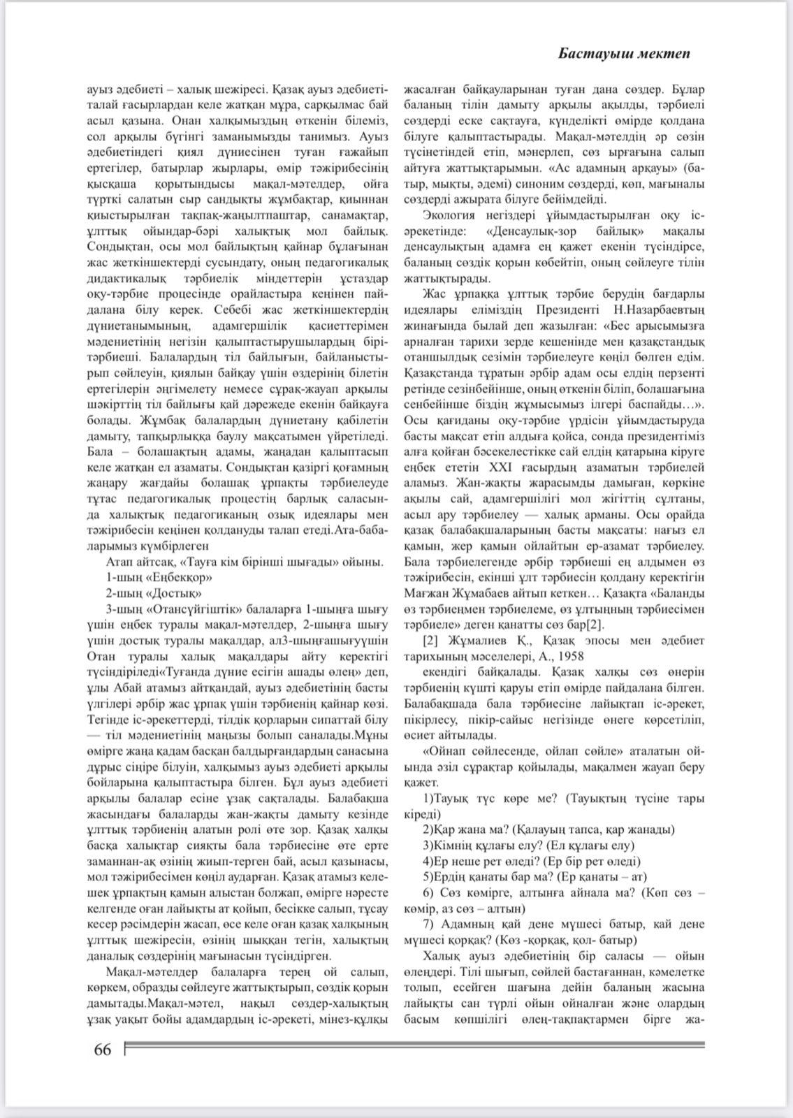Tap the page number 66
coord(102,1050)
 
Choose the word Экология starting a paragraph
coord(449,215)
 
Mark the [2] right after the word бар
coord(594,625)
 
